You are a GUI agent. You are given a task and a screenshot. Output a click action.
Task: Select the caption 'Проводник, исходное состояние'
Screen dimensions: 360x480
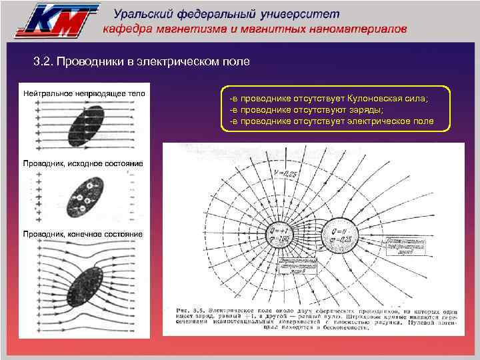(83, 163)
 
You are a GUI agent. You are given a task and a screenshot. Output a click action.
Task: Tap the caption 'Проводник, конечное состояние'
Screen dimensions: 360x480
(83, 235)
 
